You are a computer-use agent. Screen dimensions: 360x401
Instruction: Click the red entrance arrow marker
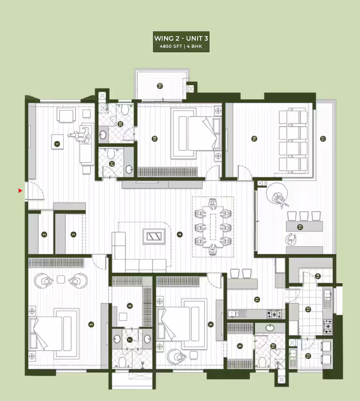pyautogui.click(x=20, y=191)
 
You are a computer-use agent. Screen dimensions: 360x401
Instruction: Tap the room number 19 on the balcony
pyautogui.click(x=160, y=86)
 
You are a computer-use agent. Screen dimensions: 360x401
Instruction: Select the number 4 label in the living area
pyautogui.click(x=180, y=234)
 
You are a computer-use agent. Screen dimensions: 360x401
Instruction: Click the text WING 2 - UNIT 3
pyautogui.click(x=181, y=38)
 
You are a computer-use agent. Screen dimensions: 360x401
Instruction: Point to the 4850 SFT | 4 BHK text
pyautogui.click(x=181, y=46)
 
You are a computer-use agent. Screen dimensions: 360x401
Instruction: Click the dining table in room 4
pyautogui.click(x=213, y=227)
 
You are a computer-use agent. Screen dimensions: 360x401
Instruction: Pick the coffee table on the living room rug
pyautogui.click(x=154, y=236)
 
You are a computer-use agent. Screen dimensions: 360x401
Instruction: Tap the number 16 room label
pyautogui.click(x=254, y=138)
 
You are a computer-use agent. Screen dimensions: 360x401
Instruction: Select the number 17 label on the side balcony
pyautogui.click(x=323, y=138)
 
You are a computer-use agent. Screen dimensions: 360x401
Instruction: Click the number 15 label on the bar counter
pyautogui.click(x=300, y=227)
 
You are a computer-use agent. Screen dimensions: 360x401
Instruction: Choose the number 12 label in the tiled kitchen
pyautogui.click(x=308, y=309)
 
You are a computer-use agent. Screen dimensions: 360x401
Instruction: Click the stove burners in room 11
pyautogui.click(x=274, y=314)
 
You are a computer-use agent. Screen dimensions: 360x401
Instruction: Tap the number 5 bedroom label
pyautogui.click(x=91, y=325)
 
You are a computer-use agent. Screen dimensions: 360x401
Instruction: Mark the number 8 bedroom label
pyautogui.click(x=211, y=325)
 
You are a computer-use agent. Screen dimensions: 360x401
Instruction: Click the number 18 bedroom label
pyautogui.click(x=154, y=138)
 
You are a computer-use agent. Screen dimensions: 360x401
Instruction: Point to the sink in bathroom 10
pyautogui.click(x=270, y=328)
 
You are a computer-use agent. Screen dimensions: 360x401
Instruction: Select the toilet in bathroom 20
pyautogui.click(x=125, y=110)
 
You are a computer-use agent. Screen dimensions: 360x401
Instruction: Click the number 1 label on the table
pyautogui.click(x=57, y=144)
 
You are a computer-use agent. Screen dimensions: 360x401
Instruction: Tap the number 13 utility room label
pyautogui.click(x=308, y=356)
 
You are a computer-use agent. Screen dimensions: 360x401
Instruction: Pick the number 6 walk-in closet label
pyautogui.click(x=130, y=306)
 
